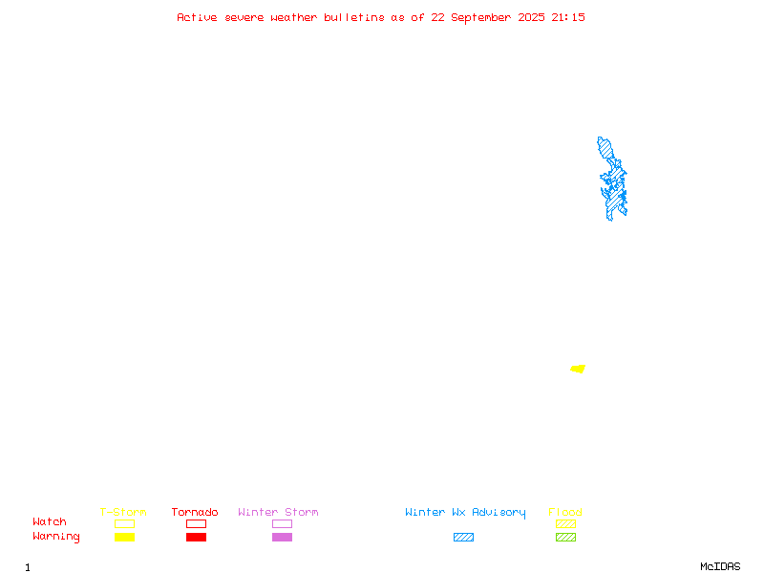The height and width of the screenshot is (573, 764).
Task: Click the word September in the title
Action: (480, 18)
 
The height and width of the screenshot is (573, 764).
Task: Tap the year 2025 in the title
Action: (531, 17)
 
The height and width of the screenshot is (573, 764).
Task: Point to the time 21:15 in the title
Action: (568, 17)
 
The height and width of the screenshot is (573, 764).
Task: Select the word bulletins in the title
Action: (354, 17)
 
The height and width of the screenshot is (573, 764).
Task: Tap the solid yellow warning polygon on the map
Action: (578, 369)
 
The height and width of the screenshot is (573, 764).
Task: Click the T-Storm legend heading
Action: (123, 512)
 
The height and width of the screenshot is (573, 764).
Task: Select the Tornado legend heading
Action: (195, 512)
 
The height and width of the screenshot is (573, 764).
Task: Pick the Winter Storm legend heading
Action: (278, 512)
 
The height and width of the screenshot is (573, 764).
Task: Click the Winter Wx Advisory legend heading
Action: (465, 513)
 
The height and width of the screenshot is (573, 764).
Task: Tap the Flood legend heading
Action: (565, 512)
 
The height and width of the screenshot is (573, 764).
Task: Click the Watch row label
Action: (50, 521)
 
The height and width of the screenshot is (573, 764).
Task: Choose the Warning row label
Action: (56, 537)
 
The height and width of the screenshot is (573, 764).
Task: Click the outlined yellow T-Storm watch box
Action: (125, 523)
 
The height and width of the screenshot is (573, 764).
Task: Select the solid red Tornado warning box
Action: (197, 537)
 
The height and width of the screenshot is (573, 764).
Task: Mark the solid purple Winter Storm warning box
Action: (282, 537)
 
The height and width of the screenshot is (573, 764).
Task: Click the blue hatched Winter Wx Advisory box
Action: (463, 537)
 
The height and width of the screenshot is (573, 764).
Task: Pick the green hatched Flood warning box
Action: (565, 537)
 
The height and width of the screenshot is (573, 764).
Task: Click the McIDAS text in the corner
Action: (720, 566)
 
